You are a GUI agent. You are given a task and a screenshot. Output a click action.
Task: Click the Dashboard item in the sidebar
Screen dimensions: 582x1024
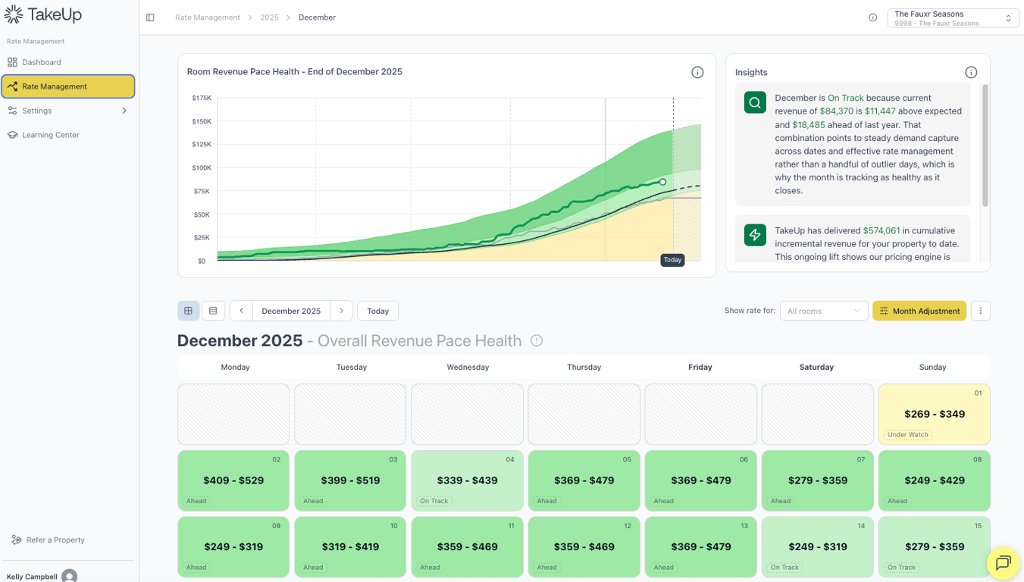point(42,62)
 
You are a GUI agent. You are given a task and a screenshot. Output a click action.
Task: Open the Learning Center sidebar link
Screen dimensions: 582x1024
point(50,135)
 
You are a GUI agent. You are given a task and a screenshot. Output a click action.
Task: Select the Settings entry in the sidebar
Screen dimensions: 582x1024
point(37,111)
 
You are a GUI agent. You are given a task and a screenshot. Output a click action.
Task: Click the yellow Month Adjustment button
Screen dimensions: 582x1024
point(919,311)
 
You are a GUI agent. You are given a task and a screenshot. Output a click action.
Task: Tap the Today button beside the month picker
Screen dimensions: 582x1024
point(377,311)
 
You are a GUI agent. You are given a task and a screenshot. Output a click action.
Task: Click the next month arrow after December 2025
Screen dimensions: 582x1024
point(341,311)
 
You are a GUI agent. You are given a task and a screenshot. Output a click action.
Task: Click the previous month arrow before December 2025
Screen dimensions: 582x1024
point(241,311)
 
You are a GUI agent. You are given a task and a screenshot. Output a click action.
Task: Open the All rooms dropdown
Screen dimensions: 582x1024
point(823,311)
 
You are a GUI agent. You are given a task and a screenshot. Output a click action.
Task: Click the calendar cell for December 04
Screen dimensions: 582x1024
point(467,480)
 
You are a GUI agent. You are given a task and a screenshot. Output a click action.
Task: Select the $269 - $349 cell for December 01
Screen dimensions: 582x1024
point(934,414)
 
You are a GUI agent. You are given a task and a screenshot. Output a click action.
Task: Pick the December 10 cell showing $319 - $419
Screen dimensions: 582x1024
point(350,546)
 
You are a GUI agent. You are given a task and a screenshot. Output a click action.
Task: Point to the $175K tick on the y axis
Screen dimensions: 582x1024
point(202,98)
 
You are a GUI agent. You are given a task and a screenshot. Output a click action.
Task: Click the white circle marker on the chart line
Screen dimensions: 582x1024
point(662,182)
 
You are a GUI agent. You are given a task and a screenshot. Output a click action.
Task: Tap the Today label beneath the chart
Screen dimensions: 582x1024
point(672,260)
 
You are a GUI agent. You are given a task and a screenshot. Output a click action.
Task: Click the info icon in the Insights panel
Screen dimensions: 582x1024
point(971,72)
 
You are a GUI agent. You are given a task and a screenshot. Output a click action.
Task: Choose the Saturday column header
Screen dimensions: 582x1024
point(816,367)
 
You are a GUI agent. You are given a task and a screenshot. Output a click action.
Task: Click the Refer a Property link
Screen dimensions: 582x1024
point(55,540)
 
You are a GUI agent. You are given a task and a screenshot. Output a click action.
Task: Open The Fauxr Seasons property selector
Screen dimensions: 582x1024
point(953,17)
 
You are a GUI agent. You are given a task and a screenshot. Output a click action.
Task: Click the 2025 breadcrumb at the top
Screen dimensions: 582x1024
point(269,17)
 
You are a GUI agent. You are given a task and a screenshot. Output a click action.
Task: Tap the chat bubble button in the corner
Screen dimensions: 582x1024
point(1003,562)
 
